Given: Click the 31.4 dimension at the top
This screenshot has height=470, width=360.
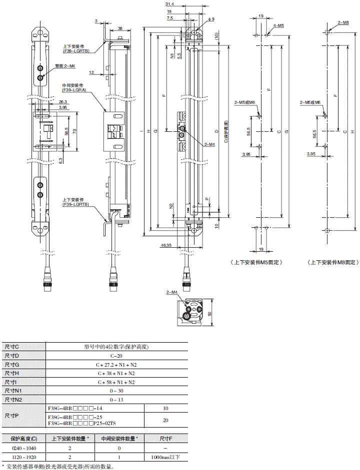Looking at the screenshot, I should point(170,4).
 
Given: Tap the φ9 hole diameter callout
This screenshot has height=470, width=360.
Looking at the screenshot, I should point(210,18).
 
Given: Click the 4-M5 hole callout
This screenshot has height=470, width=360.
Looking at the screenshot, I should point(278,25).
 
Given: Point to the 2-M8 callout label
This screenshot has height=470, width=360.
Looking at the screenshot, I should point(343,22).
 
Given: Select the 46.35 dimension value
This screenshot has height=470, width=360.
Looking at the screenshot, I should point(167,245).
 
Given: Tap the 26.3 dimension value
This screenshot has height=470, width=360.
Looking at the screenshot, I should point(63,102).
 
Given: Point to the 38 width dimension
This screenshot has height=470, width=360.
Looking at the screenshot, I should point(120,28).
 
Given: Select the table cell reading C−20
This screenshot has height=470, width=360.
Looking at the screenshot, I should point(116,356).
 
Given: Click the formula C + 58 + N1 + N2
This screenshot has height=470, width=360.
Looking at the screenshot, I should point(116,382).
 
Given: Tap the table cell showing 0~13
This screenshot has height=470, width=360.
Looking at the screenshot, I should point(116,400).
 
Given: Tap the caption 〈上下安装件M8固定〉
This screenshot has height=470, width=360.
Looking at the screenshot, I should point(331,262).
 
